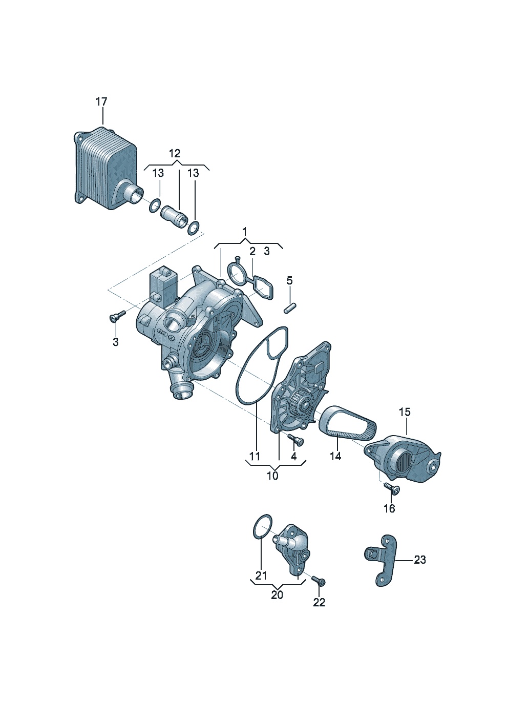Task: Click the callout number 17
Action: tap(101, 102)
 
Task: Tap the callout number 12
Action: tap(175, 153)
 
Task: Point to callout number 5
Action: tap(290, 281)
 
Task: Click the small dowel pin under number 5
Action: tap(290, 309)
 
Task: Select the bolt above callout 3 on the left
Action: tap(117, 316)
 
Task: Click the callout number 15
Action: tap(405, 412)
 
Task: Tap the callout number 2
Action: tap(252, 251)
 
